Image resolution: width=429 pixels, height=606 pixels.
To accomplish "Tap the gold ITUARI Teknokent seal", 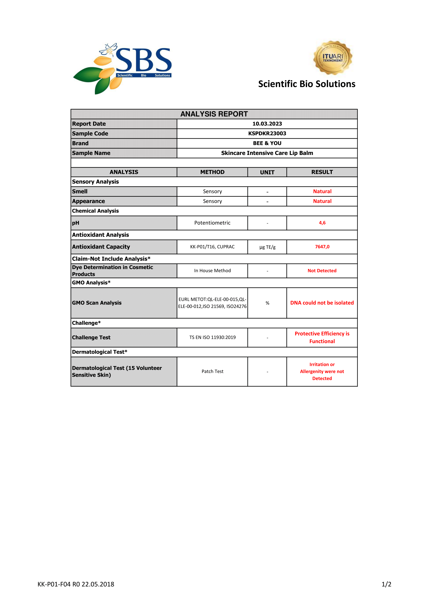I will [333, 58].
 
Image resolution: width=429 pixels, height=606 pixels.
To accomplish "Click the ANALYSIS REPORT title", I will [214, 114].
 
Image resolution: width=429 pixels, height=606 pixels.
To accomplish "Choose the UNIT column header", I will [267, 172].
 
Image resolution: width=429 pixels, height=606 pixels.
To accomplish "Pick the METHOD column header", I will [212, 172].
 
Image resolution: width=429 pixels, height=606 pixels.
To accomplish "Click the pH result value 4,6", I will [322, 223].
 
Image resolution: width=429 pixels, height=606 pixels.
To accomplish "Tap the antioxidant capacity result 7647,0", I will [322, 247].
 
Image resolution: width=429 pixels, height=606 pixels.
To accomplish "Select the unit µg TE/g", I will [267, 247].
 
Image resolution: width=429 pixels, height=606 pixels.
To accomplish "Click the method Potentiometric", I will [212, 223].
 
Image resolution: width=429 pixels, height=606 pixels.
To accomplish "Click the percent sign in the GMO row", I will [267, 303].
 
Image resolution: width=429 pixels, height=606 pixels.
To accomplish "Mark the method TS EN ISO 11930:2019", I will [212, 337].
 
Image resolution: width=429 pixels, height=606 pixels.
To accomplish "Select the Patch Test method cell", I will [212, 371].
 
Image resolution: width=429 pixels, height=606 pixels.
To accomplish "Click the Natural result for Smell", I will [322, 191].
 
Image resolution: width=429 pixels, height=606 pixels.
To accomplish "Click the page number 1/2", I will [386, 584].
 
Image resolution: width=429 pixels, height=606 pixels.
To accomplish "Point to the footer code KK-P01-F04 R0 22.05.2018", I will [76, 584].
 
